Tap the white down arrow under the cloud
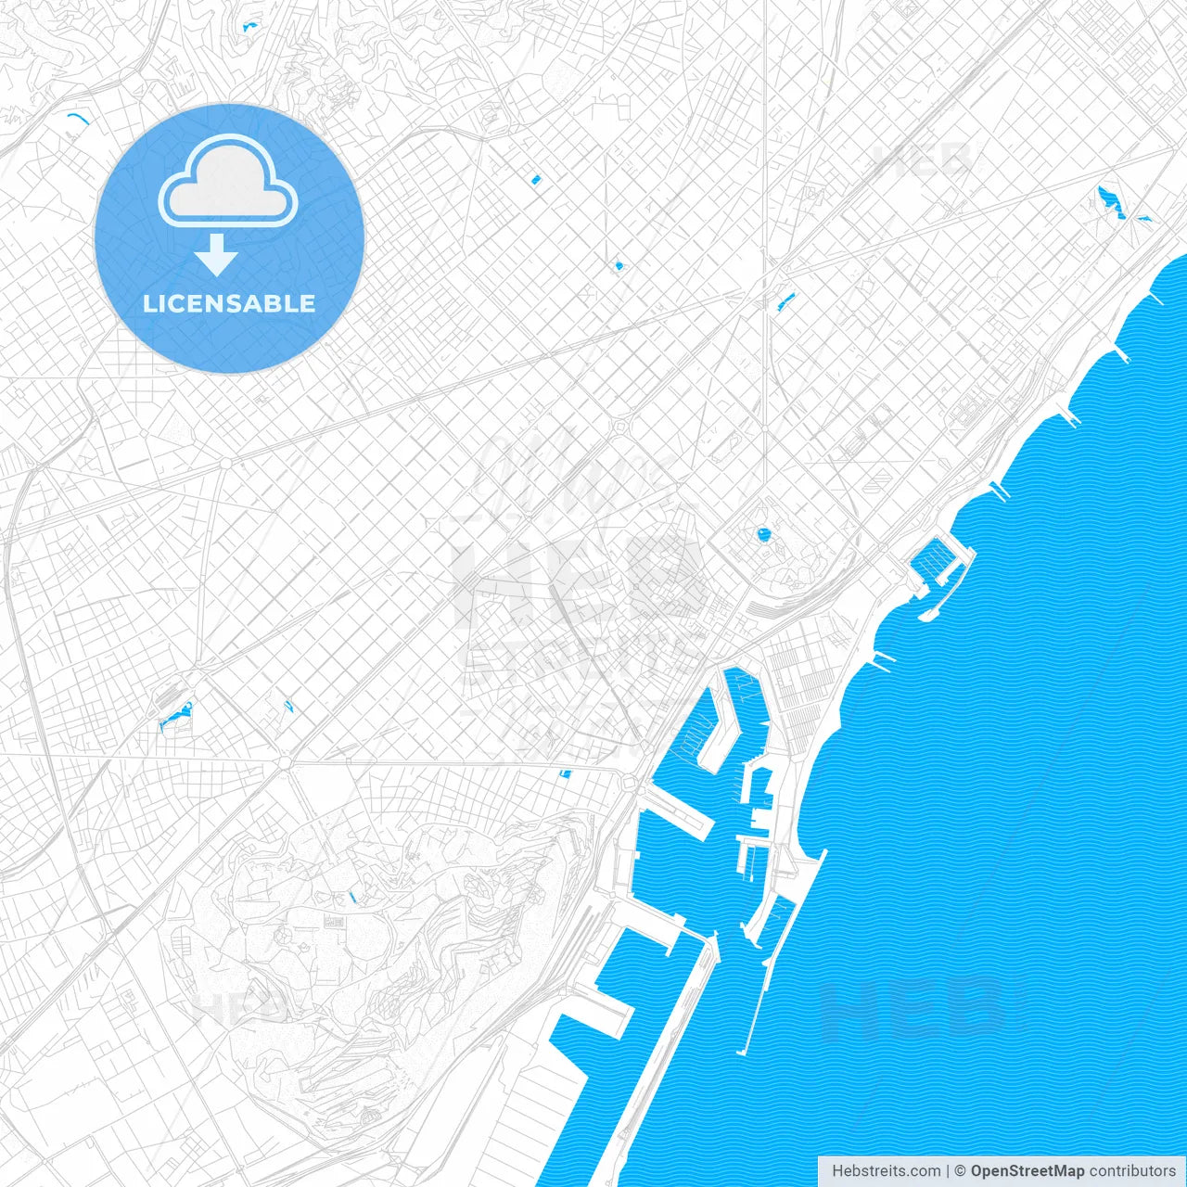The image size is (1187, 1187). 216,255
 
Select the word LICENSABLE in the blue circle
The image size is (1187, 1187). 229,303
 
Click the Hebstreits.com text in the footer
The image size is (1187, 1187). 886,1171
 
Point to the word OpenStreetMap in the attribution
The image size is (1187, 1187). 1027,1171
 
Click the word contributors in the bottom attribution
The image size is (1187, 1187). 1132,1171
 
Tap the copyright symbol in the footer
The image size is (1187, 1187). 961,1171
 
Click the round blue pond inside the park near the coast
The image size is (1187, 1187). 763,534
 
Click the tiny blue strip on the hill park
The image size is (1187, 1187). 351,897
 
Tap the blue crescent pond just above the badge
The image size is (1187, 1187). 75,119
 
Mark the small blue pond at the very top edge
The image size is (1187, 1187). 249,27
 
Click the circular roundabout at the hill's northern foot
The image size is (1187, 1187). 285,762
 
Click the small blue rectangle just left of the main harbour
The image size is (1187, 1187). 565,773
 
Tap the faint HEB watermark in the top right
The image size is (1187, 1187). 923,160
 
